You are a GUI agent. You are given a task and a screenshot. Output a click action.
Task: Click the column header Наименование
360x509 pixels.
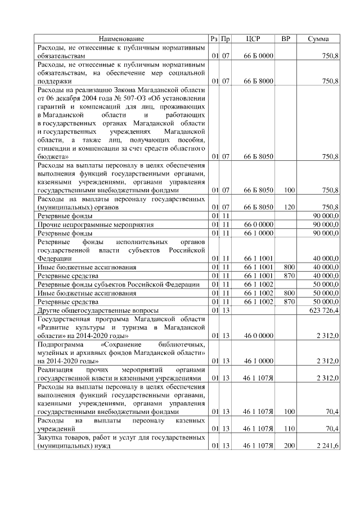(121, 39)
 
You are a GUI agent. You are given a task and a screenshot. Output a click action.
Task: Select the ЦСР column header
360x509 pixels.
(254, 39)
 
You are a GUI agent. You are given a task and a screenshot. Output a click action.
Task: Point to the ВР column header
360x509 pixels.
(286, 39)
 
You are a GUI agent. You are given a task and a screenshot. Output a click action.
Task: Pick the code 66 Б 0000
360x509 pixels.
(258, 57)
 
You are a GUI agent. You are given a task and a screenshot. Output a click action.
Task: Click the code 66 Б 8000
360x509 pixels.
(258, 81)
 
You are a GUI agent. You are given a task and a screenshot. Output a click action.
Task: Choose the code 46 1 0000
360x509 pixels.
(258, 360)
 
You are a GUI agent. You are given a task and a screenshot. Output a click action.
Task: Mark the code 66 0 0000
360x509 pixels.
(258, 224)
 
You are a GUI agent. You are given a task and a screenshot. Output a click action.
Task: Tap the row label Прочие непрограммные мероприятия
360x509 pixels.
(95, 224)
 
